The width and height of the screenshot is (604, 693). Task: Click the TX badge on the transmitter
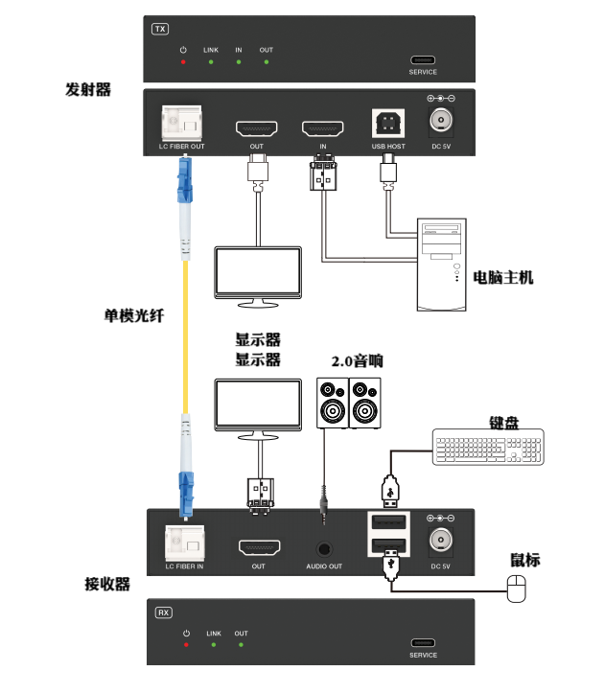[160, 29]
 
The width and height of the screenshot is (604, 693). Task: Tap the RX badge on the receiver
[163, 611]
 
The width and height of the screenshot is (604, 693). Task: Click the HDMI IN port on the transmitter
[323, 127]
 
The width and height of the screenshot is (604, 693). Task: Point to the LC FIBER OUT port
[181, 123]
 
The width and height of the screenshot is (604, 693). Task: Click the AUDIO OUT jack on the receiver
[324, 549]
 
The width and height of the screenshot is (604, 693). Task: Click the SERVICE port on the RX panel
[423, 643]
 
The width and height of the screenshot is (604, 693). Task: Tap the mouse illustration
[518, 588]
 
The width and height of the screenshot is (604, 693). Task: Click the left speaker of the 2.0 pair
[333, 403]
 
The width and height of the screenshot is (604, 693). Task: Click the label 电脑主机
[503, 277]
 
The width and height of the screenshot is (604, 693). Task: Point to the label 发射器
[88, 89]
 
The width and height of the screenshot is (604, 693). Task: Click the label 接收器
[107, 584]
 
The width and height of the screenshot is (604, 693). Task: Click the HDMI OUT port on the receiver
[259, 548]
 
